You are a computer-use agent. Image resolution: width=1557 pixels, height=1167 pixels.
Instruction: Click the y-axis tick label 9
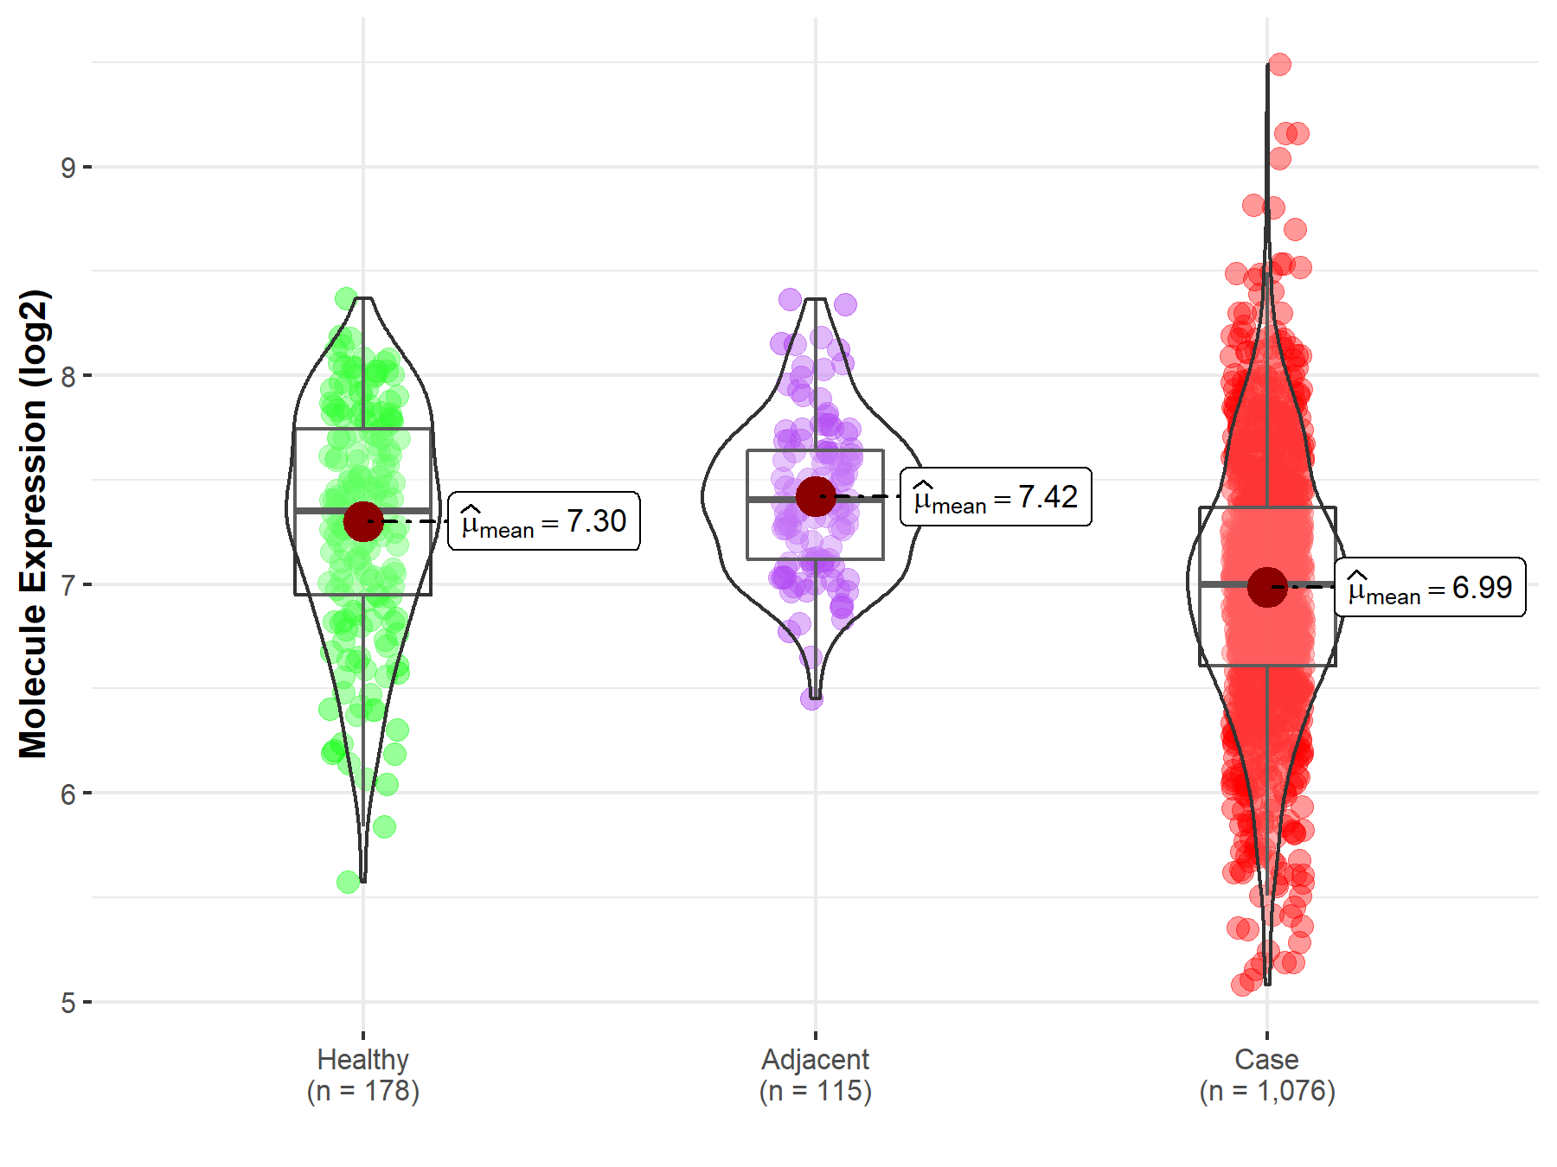click(x=68, y=168)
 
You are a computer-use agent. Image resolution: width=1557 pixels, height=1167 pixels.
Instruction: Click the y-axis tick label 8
click(x=68, y=376)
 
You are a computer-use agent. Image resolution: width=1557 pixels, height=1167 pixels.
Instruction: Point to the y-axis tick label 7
click(x=68, y=585)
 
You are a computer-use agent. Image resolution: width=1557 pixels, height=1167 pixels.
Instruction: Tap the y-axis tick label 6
click(x=68, y=794)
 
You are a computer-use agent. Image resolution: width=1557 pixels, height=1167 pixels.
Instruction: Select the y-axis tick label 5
click(x=68, y=1004)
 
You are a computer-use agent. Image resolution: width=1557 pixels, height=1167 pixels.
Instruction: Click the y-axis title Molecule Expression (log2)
click(x=33, y=524)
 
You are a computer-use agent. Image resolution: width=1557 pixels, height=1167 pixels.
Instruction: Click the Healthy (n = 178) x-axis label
click(x=363, y=1075)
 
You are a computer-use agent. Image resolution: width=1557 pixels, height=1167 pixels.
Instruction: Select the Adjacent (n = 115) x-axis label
click(x=816, y=1075)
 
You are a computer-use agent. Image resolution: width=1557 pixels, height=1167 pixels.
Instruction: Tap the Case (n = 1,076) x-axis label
click(x=1267, y=1075)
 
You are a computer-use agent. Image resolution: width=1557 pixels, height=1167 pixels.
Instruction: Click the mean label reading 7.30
click(x=544, y=521)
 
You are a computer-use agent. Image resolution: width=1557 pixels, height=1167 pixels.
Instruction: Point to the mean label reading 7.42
click(x=996, y=497)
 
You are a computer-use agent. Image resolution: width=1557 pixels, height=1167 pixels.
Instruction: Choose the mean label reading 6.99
click(x=1430, y=587)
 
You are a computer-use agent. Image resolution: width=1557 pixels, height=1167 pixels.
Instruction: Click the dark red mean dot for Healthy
click(x=363, y=521)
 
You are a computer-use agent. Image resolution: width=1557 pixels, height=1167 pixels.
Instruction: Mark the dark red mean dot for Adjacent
click(x=816, y=496)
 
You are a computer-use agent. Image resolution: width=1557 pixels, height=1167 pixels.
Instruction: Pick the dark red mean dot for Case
click(x=1267, y=587)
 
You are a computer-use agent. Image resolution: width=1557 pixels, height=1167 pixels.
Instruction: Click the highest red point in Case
click(x=1279, y=64)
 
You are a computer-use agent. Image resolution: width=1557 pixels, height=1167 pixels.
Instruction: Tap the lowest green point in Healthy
click(x=349, y=882)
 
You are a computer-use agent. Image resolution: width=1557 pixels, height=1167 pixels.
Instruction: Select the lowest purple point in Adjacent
click(x=811, y=698)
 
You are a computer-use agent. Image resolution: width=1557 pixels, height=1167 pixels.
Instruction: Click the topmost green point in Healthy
click(x=347, y=299)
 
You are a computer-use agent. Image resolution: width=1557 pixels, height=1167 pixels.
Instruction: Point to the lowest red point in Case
click(x=1242, y=985)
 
